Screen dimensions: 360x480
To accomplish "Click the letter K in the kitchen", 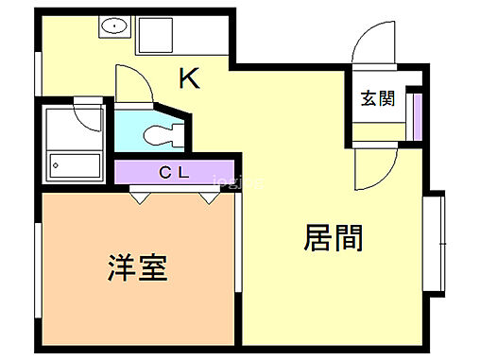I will coord(190,79).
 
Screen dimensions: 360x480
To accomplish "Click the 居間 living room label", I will coord(334,238).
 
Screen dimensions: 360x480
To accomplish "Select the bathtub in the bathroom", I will coord(73,166).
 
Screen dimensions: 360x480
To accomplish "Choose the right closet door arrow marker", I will coord(207,198).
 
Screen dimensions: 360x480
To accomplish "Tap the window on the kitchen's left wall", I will coord(38,73).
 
